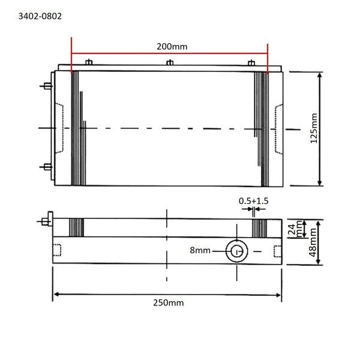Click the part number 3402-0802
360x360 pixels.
[40, 16]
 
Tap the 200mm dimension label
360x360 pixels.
[172, 47]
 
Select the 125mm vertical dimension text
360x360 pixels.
[314, 128]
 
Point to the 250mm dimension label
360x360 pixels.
[168, 303]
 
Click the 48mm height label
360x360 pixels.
[313, 242]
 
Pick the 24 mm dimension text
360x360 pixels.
[295, 229]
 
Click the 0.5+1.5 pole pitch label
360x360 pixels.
[253, 201]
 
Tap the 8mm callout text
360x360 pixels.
[200, 250]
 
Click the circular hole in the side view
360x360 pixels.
[237, 251]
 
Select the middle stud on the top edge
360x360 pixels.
[170, 62]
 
